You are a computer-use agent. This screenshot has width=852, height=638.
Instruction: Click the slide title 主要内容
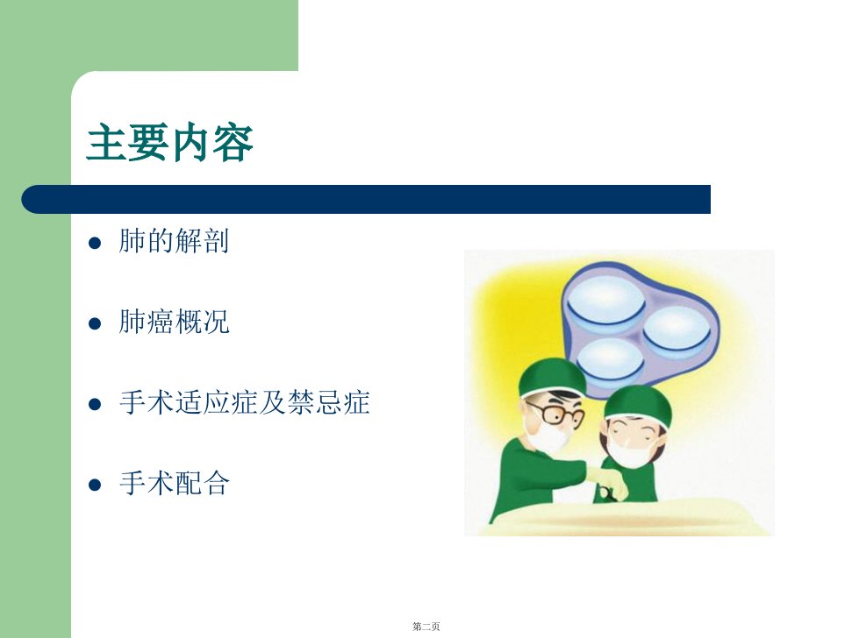[x=170, y=142]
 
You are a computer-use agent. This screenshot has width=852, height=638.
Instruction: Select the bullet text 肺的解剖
[x=174, y=241]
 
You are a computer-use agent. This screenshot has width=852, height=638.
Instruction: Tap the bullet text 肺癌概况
[x=174, y=322]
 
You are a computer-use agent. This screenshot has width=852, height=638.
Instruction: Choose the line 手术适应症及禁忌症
[x=245, y=402]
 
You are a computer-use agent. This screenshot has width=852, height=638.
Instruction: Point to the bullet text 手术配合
[x=175, y=483]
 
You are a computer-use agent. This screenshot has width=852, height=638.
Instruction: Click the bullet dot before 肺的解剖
[x=95, y=243]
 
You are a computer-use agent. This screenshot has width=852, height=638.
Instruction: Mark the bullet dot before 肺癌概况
[x=95, y=324]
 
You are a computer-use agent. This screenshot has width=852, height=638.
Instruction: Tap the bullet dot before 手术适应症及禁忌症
[x=95, y=404]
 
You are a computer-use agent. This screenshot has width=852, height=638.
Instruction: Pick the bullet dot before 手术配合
[x=95, y=485]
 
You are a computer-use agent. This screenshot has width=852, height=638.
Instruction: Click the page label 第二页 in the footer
[x=426, y=627]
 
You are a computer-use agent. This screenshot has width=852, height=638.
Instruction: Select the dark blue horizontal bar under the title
[x=366, y=199]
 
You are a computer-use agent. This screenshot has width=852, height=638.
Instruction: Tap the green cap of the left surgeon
[x=551, y=377]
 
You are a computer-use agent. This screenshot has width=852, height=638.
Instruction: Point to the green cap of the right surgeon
[x=639, y=404]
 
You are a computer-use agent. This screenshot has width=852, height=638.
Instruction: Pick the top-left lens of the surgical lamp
[x=605, y=301]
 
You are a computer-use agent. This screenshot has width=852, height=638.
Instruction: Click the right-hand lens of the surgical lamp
[x=677, y=329]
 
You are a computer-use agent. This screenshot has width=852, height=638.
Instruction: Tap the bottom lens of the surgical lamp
[x=610, y=361]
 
